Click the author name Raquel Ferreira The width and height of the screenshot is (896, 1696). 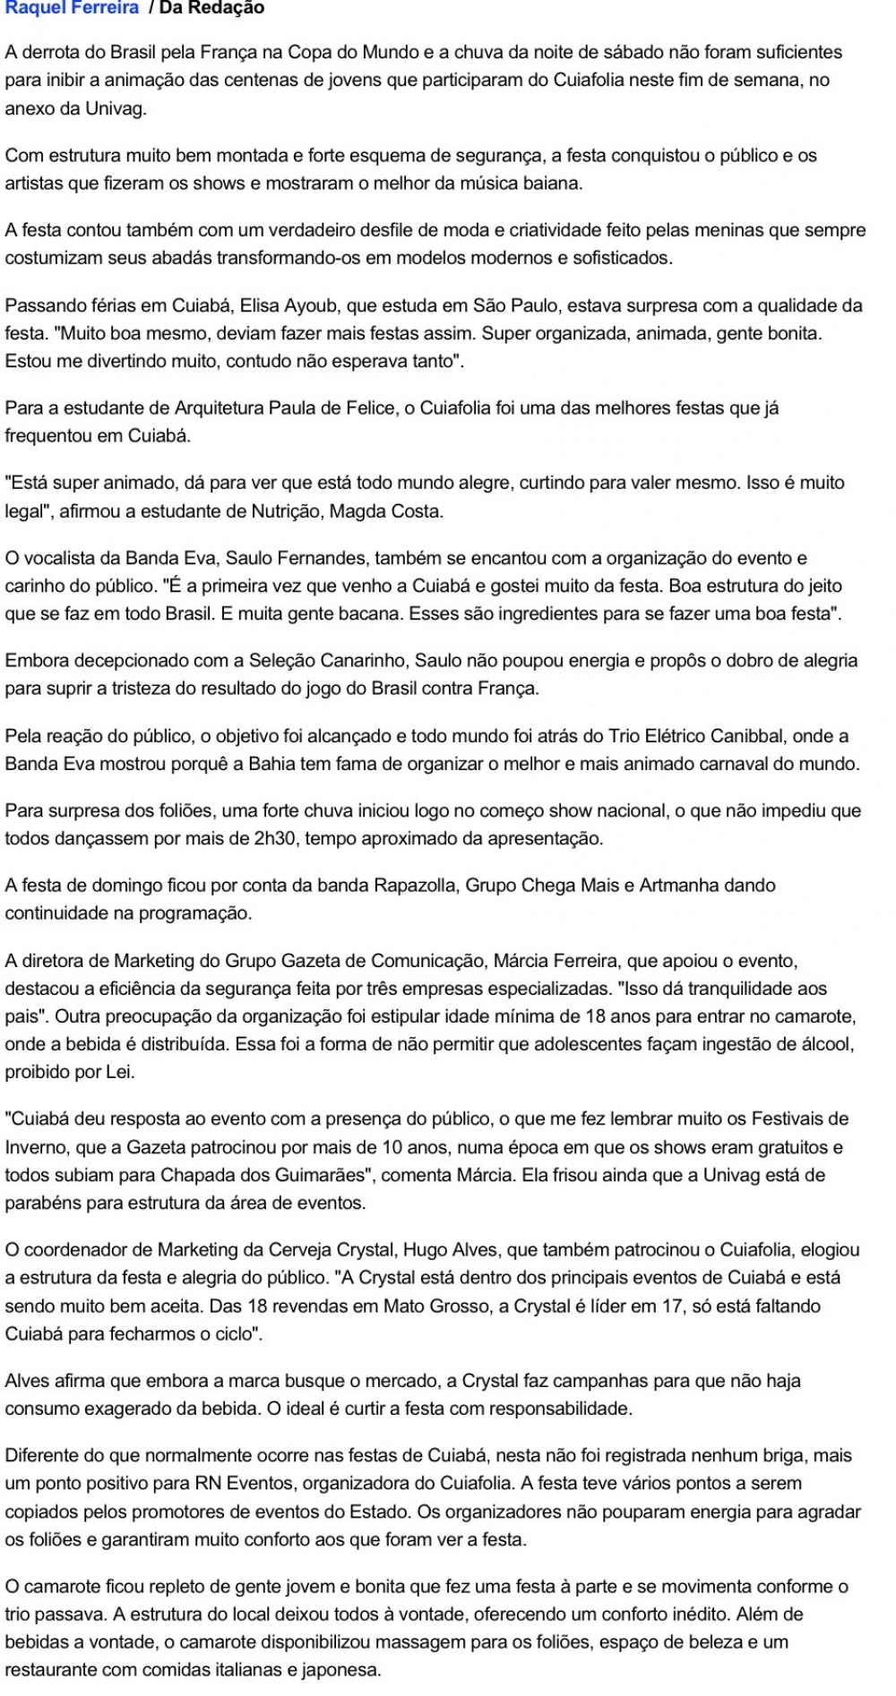[x=72, y=8]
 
